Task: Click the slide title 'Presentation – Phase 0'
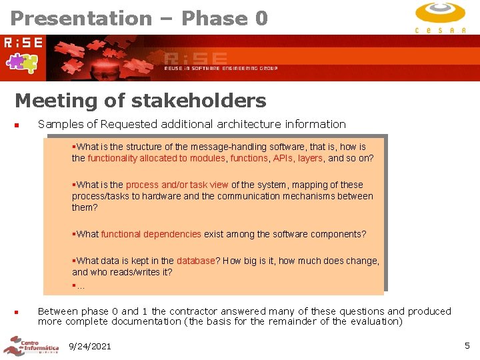click(x=139, y=18)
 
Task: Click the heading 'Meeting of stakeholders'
click(x=140, y=101)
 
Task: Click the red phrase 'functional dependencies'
click(x=151, y=234)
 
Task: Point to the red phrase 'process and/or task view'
click(x=177, y=185)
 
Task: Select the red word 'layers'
click(x=310, y=158)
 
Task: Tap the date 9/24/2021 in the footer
click(x=90, y=346)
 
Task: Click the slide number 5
click(x=467, y=345)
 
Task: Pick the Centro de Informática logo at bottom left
click(x=30, y=346)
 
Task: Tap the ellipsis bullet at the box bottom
click(x=79, y=285)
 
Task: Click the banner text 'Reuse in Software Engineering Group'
click(x=221, y=68)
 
